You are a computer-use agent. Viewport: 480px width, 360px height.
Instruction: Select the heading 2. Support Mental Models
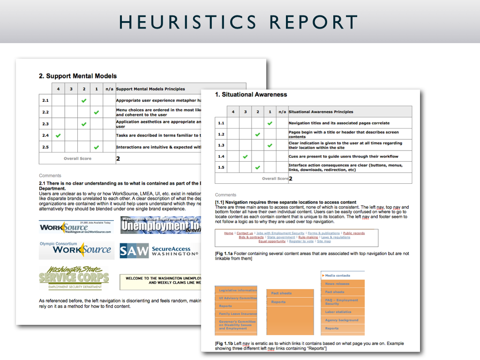click(x=77, y=76)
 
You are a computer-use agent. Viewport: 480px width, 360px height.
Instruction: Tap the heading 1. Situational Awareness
click(x=251, y=95)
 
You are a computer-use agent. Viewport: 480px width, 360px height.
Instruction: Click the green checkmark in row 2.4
click(x=58, y=135)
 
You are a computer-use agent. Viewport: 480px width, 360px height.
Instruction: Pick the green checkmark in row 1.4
click(x=245, y=156)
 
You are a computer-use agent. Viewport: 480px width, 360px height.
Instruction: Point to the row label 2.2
click(x=45, y=112)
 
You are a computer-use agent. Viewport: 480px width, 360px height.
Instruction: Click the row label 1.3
click(x=221, y=145)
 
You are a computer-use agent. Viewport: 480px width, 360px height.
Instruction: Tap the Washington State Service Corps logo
click(x=74, y=278)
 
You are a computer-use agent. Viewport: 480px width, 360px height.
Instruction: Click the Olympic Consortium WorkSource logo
click(x=76, y=249)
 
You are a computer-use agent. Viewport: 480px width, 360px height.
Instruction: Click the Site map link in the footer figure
click(x=324, y=241)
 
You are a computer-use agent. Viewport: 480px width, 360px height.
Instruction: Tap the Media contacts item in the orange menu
click(x=338, y=276)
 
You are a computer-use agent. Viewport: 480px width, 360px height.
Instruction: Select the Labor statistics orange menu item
click(x=338, y=312)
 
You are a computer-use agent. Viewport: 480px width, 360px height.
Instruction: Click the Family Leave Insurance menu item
click(x=238, y=314)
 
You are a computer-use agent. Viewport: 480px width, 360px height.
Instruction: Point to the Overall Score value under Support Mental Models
click(x=118, y=159)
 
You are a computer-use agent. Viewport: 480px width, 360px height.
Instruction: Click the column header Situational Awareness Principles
click(x=321, y=112)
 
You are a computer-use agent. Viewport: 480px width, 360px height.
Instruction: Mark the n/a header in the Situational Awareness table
click(x=282, y=112)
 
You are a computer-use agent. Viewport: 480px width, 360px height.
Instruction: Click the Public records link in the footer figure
click(x=353, y=233)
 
